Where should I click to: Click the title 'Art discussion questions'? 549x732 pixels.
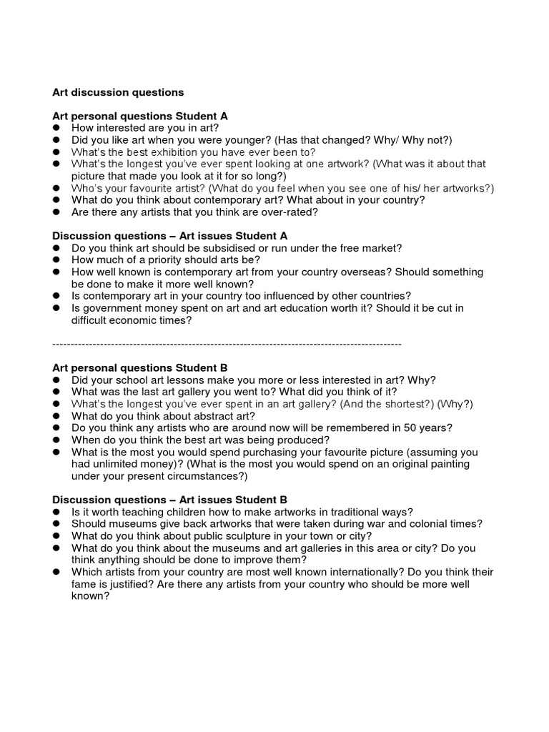tap(118, 92)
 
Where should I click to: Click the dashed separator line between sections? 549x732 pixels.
tap(227, 345)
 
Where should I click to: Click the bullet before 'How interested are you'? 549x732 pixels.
tap(56, 128)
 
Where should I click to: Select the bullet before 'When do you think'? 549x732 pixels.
tap(56, 440)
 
